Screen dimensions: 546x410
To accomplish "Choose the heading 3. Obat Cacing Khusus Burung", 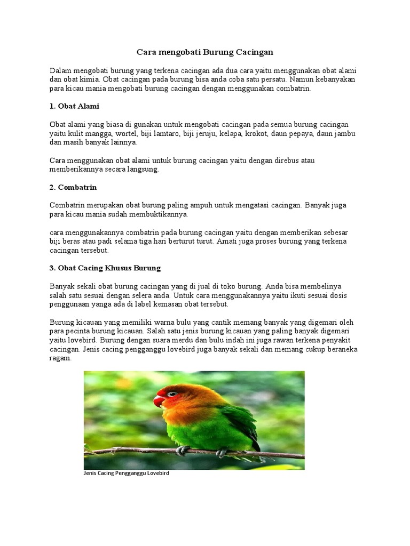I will pos(105,268).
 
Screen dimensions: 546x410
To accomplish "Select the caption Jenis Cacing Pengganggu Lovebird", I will pos(127,473).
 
